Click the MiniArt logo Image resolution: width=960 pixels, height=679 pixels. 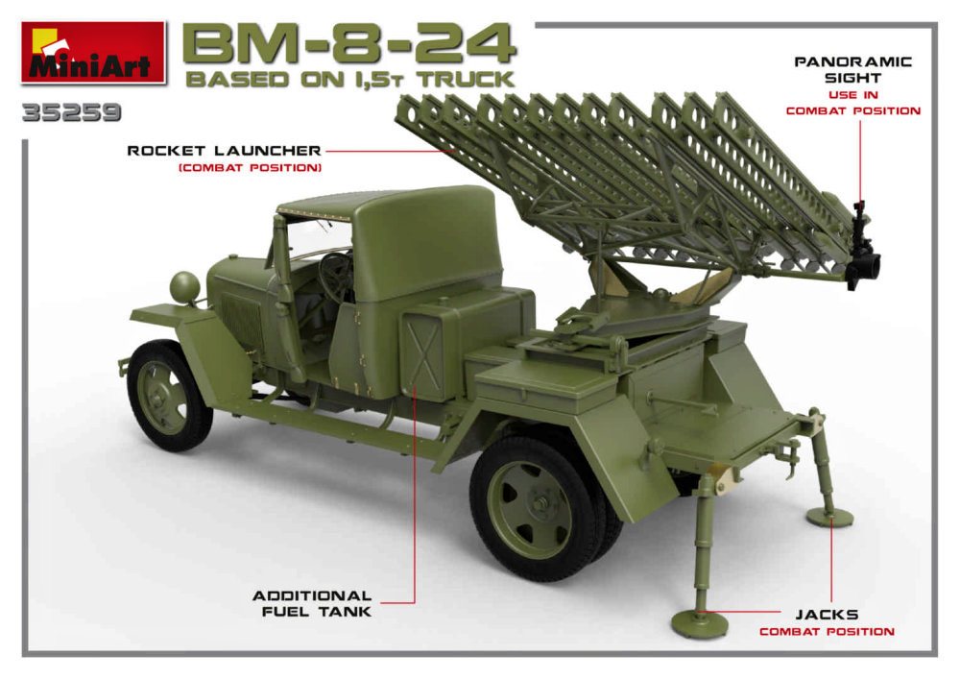point(93,53)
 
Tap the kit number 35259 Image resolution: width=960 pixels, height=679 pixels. point(72,112)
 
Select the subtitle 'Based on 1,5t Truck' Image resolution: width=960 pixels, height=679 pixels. point(349,79)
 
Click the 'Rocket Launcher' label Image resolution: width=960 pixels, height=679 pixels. point(224,151)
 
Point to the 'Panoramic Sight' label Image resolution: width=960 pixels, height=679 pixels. point(852,70)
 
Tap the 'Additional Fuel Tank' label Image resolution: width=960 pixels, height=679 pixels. point(312,603)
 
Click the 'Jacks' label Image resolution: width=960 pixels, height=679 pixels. point(827,614)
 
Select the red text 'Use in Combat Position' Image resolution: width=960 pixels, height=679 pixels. point(852,103)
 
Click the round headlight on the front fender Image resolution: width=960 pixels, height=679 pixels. point(185,287)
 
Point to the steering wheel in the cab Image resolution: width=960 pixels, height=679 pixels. point(335,277)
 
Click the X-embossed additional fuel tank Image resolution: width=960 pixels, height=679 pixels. point(422,353)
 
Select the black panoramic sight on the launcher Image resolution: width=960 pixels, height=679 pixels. point(862,248)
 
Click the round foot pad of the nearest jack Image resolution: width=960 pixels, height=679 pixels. point(699,622)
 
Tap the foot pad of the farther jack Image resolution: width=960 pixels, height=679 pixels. point(829,517)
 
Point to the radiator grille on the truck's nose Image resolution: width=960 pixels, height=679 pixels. point(243,324)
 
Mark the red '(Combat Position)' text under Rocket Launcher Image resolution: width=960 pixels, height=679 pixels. point(250,168)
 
